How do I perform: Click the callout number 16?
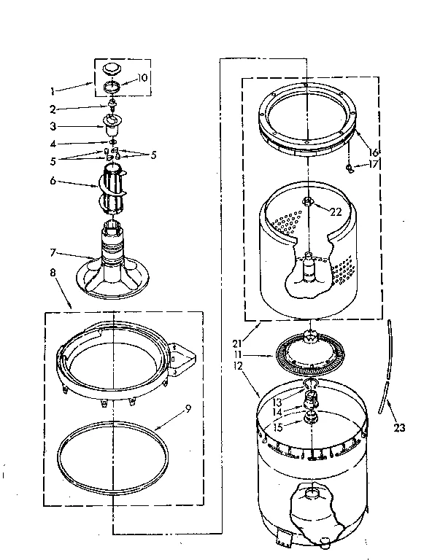[374, 152]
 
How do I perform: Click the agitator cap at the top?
[111, 69]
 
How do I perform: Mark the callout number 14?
[277, 412]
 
